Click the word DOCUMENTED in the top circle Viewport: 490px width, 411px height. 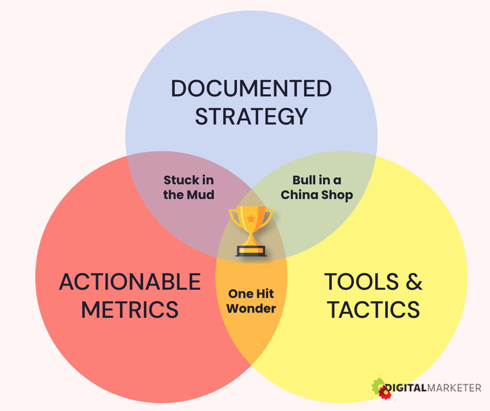point(251,89)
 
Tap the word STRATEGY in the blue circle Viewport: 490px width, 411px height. point(251,117)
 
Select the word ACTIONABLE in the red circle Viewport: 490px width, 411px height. point(130,282)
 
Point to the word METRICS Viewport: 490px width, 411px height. point(130,310)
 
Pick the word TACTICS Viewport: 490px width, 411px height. point(373,310)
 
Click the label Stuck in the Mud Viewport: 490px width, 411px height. point(189,187)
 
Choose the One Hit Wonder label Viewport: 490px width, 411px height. point(251,301)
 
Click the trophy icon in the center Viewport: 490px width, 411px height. point(251,231)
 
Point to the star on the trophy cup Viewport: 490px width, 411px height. point(251,219)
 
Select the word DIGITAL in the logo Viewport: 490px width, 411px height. point(406,388)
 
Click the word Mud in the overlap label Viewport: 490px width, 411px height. point(203,195)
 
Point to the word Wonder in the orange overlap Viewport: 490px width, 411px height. point(251,308)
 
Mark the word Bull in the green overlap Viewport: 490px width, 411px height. point(304,180)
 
